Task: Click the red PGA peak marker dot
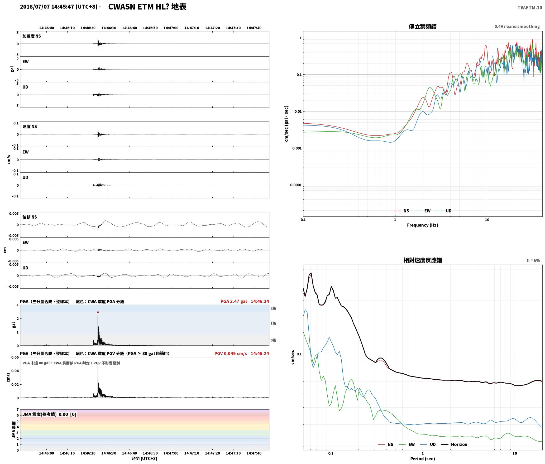98,312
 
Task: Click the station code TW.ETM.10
530,8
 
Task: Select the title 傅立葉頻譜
422,26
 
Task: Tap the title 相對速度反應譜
422,260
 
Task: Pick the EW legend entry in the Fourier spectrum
422,211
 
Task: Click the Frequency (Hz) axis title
422,225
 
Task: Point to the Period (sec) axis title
422,459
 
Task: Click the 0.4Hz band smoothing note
517,27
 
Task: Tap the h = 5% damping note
533,260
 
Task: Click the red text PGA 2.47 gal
234,301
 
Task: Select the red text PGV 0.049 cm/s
231,354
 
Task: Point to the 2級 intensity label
273,308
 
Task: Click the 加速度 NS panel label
32,36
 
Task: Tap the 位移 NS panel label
30,217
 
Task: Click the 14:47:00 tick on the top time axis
171,28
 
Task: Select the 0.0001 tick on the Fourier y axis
296,185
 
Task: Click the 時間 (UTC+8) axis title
145,458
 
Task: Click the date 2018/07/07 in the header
35,7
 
